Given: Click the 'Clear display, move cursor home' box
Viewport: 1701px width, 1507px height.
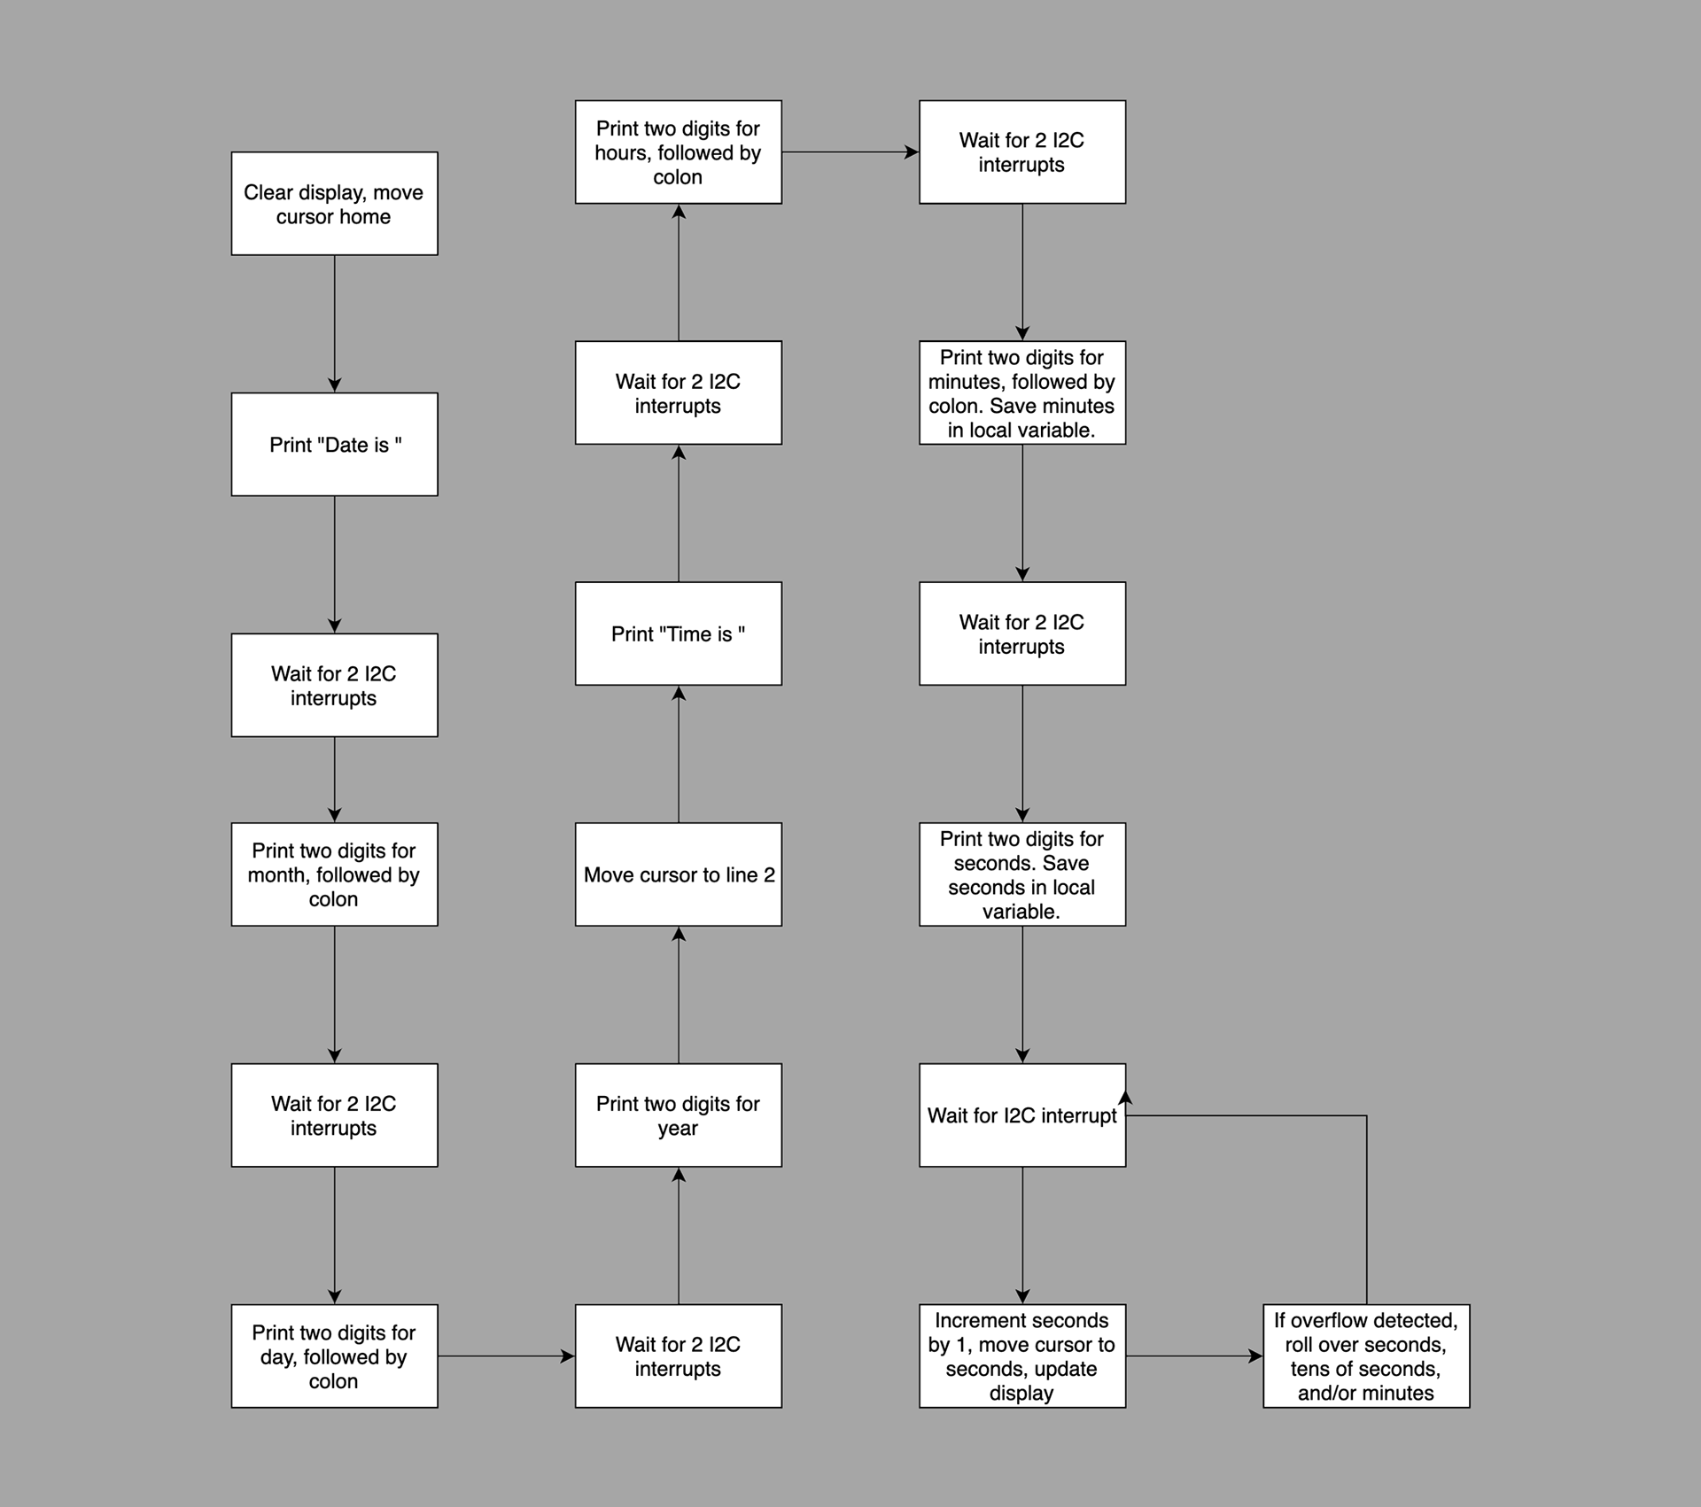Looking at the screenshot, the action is click(334, 204).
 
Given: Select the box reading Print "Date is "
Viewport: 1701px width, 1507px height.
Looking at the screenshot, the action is click(334, 445).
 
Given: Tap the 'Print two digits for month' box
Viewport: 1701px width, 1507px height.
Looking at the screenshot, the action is click(334, 874).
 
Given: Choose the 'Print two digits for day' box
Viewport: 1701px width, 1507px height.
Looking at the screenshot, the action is click(334, 1356).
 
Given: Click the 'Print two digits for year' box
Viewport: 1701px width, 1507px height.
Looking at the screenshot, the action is click(679, 1115).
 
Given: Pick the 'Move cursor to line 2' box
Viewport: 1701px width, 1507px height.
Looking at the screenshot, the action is click(679, 874).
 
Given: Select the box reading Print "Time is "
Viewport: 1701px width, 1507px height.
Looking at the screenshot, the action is click(679, 633).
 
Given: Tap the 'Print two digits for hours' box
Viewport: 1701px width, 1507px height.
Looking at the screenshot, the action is click(679, 151).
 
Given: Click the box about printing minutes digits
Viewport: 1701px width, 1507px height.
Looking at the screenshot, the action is click(1022, 392).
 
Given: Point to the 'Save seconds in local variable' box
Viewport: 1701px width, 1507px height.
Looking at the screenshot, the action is click(1022, 874).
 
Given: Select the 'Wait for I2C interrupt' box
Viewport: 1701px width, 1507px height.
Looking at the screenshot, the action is click(1022, 1115).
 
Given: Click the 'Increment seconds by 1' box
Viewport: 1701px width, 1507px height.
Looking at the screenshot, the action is click(1022, 1356).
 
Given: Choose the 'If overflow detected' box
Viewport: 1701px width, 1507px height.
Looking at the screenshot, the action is click(1366, 1356).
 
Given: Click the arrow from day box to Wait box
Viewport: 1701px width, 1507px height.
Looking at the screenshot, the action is click(507, 1356).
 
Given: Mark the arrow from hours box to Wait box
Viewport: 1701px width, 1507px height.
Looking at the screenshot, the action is click(850, 151).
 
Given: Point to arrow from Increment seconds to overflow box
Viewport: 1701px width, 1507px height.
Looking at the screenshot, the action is click(1194, 1356).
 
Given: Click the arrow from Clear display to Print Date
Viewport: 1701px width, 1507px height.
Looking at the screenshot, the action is click(334, 324).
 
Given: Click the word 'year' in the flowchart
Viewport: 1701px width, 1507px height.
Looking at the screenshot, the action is click(678, 1129).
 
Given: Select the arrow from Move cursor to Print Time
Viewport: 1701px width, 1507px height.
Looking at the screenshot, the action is click(679, 754).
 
